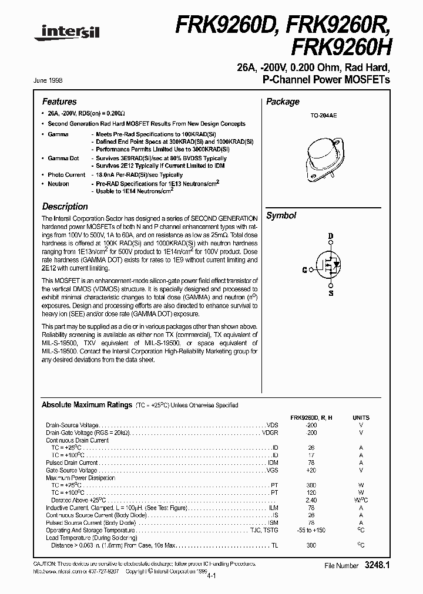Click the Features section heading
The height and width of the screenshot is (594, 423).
(59, 102)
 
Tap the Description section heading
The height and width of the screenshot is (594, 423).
(65, 207)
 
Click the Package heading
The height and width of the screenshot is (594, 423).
(283, 102)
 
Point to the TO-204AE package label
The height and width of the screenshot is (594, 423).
(324, 116)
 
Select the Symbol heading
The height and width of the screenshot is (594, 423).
(281, 215)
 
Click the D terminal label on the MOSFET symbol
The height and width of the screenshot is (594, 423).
(330, 237)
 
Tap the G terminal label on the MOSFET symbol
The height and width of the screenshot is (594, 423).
(304, 270)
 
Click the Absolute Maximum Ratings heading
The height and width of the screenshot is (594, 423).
(86, 405)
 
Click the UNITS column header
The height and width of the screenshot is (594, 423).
(361, 417)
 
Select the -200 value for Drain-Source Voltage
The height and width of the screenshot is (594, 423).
(311, 425)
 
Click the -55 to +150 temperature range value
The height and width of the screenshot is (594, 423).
(311, 531)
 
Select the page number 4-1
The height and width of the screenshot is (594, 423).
(211, 578)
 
